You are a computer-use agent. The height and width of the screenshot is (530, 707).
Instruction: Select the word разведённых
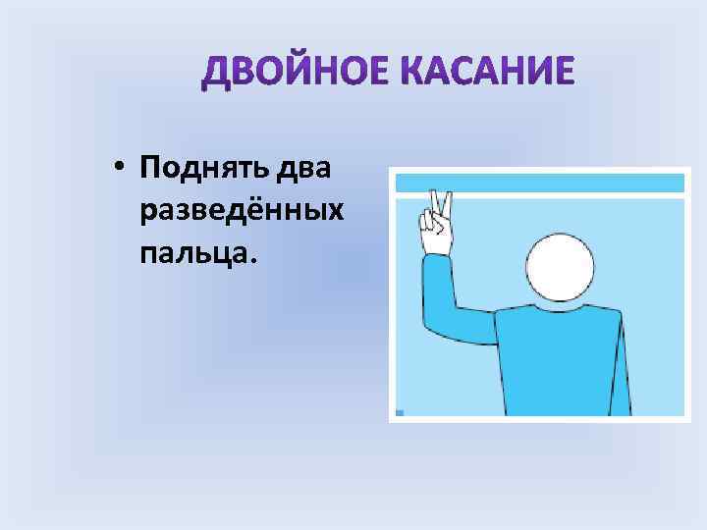242,211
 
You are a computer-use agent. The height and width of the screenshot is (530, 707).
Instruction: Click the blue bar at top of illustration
537,183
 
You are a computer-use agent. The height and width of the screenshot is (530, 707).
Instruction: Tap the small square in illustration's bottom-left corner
399,412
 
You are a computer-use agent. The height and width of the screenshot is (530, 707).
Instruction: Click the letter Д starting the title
216,73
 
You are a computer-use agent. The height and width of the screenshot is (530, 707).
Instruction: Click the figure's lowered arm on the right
620,363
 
